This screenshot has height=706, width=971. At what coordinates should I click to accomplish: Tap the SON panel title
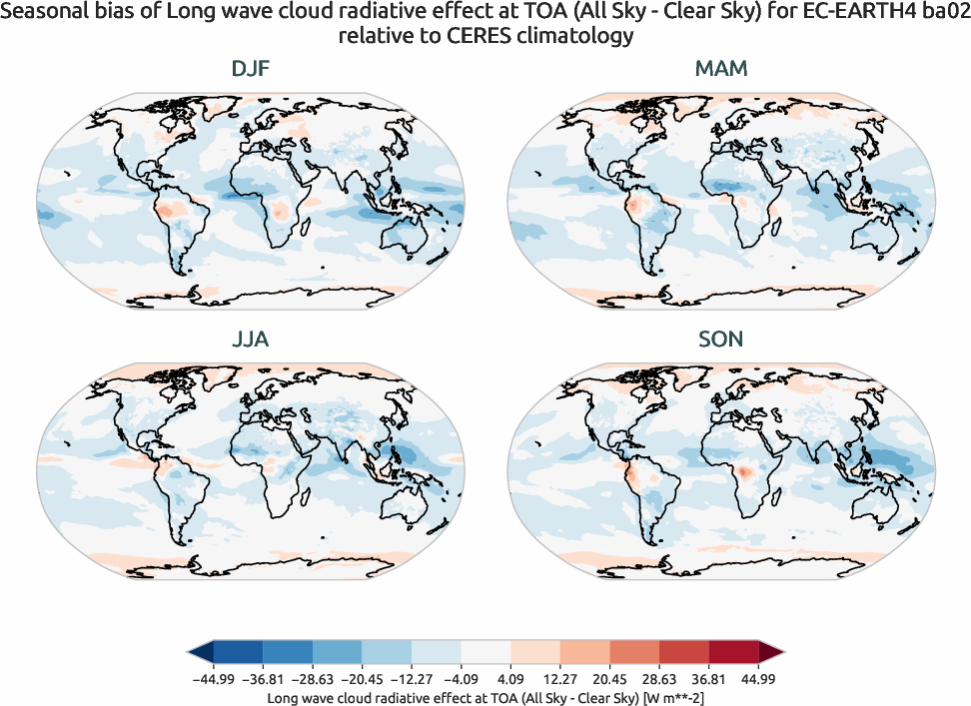click(721, 340)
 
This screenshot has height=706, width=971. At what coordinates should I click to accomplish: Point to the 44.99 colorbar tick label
click(758, 679)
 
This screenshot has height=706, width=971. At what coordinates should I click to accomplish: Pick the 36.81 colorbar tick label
click(708, 679)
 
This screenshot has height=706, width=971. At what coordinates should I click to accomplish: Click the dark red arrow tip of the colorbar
click(771, 652)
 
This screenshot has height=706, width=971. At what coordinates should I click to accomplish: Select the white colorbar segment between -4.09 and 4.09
click(485, 652)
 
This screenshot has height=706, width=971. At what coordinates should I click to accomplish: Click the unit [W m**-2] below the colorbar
click(673, 698)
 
